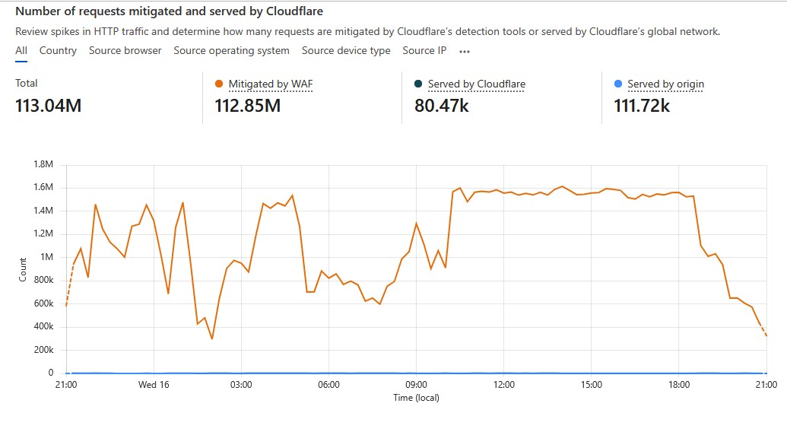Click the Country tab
click(x=58, y=50)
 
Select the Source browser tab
click(x=125, y=50)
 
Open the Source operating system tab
click(x=231, y=50)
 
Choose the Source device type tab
click(x=346, y=50)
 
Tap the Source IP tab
click(x=424, y=50)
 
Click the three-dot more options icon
click(x=465, y=51)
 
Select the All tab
click(x=21, y=50)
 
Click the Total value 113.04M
click(x=48, y=106)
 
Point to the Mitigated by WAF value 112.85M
click(x=247, y=106)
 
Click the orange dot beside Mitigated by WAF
click(x=219, y=84)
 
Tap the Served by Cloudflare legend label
click(x=476, y=84)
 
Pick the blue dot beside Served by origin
click(x=617, y=84)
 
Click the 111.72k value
click(x=641, y=106)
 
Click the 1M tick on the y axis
click(x=46, y=257)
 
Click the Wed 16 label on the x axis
click(x=154, y=385)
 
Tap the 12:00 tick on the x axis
click(x=504, y=385)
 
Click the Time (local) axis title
click(x=416, y=398)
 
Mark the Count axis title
click(x=22, y=269)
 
